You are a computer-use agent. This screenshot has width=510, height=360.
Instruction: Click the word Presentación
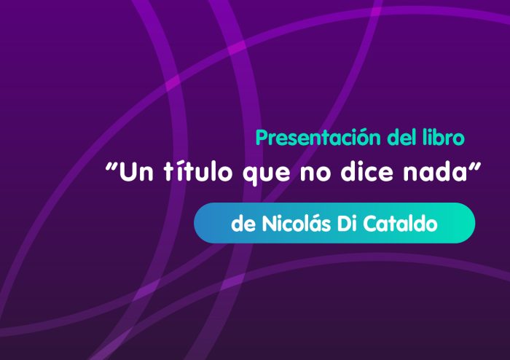(318, 138)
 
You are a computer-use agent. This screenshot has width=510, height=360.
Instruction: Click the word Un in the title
(136, 172)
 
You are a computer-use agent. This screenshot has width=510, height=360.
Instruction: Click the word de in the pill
(243, 224)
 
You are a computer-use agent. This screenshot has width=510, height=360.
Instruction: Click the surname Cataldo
(400, 224)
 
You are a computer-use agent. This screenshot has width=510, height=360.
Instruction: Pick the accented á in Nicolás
(313, 224)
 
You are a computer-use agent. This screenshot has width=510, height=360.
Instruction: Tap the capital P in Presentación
(262, 138)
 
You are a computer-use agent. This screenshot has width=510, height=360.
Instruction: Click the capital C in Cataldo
(370, 224)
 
